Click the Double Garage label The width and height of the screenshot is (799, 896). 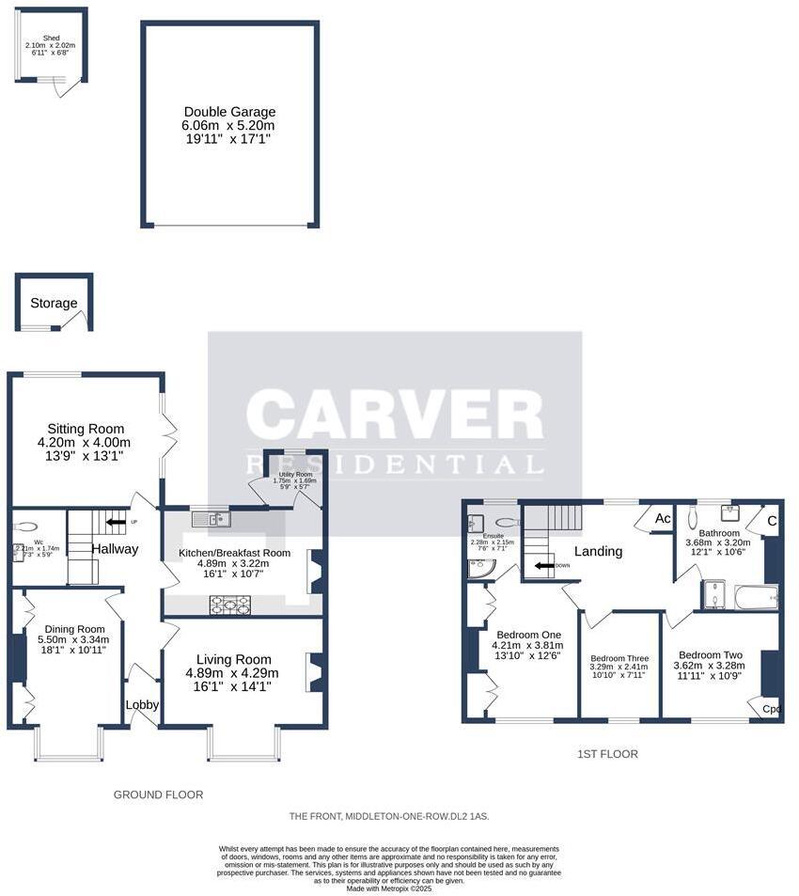229,111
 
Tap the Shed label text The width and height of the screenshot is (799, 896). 51,38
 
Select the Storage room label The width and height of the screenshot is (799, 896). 54,303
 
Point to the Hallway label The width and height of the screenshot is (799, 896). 116,549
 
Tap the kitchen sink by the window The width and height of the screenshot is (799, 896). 211,519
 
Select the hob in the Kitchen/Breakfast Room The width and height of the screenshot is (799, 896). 229,605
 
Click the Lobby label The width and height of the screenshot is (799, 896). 142,704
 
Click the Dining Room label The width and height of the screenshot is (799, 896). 71,629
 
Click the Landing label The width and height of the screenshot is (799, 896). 598,551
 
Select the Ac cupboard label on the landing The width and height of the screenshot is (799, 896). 662,518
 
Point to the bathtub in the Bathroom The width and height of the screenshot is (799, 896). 755,596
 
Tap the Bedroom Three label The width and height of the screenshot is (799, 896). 619,658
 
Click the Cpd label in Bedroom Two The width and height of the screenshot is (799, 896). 771,709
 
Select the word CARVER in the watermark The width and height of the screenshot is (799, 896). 394,416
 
